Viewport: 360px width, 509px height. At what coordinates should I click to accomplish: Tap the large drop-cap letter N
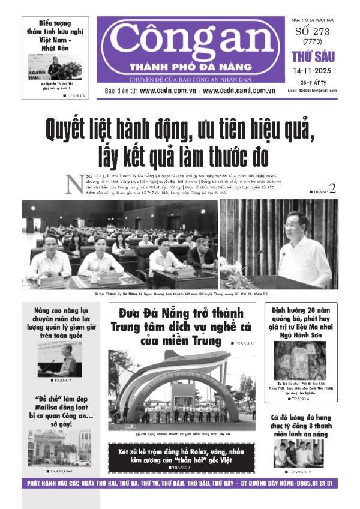(74, 184)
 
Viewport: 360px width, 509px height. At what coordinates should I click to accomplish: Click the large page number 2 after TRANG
(332, 188)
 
